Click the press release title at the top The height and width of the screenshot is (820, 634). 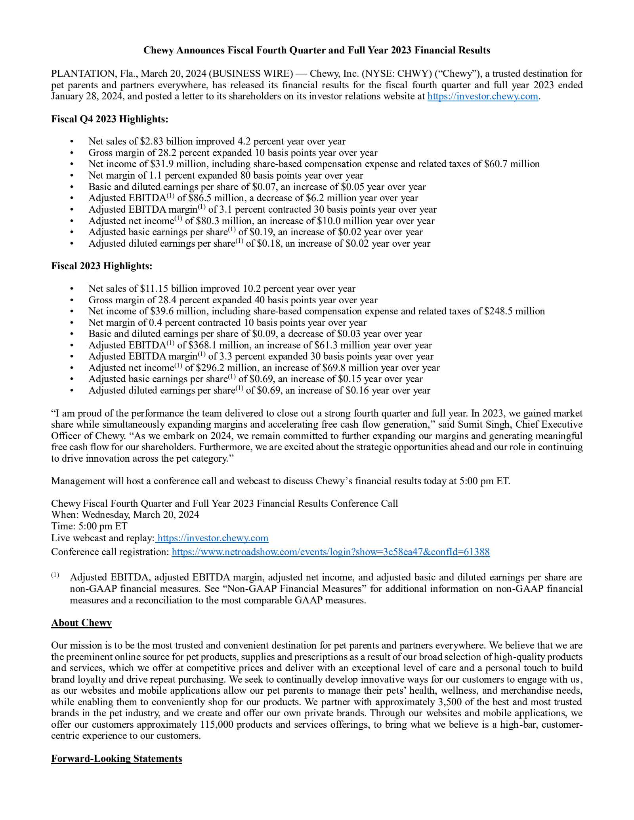[317, 50]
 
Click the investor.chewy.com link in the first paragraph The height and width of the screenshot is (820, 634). [482, 96]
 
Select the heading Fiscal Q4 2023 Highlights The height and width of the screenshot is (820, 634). [110, 119]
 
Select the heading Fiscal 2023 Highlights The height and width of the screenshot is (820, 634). [101, 266]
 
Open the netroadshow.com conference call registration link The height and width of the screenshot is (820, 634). [330, 552]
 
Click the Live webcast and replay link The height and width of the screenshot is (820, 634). [213, 538]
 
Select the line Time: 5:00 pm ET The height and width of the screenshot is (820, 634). [89, 526]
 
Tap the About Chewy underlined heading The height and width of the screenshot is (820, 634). [81, 623]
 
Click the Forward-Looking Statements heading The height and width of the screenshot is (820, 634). [116, 759]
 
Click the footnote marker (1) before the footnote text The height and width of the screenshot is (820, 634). [55, 575]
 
